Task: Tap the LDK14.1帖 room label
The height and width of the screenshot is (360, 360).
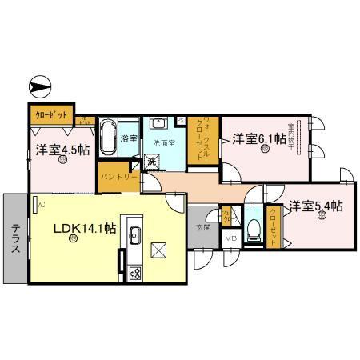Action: pyautogui.click(x=85, y=229)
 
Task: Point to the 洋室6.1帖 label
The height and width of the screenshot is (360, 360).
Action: pyautogui.click(x=258, y=139)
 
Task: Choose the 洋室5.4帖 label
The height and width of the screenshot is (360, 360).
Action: pyautogui.click(x=316, y=205)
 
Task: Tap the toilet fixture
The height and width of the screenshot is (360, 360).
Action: pyautogui.click(x=254, y=228)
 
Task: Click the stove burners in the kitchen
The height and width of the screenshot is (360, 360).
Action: pyautogui.click(x=135, y=272)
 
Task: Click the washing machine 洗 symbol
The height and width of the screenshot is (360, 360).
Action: pyautogui.click(x=150, y=163)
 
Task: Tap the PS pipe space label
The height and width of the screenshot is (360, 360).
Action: pyautogui.click(x=181, y=122)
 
